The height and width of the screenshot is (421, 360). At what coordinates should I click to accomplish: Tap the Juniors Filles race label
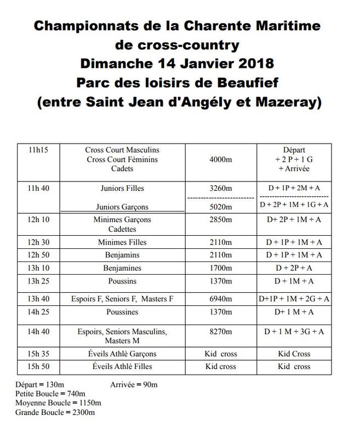[122, 188]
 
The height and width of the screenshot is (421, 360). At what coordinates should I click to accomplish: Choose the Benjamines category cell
[122, 268]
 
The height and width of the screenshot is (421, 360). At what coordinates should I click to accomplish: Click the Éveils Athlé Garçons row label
[122, 354]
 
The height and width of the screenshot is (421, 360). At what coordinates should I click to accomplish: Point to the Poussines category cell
[122, 312]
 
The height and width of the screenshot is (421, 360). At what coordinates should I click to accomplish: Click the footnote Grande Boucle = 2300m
[55, 412]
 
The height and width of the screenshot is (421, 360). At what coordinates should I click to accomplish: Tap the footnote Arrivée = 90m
[134, 385]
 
